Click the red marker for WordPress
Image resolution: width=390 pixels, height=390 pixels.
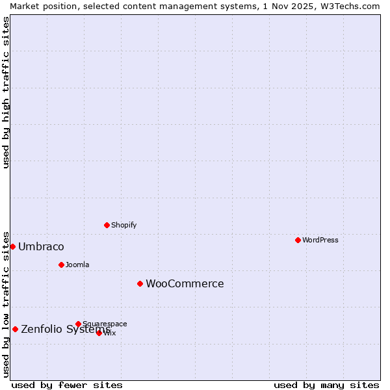[298, 240]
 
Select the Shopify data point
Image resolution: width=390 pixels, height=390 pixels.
[107, 225]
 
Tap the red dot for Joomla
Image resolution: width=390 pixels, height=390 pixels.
[61, 265]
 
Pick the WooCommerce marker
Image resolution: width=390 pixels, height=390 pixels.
[140, 283]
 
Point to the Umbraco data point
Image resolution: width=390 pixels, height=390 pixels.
[12, 246]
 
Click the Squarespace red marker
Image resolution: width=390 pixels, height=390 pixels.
[78, 324]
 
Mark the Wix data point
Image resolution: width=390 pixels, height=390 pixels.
[99, 333]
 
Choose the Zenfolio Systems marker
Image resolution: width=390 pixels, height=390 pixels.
[15, 329]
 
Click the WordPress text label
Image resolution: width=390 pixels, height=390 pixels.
[320, 240]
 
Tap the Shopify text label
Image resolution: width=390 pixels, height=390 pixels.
[123, 225]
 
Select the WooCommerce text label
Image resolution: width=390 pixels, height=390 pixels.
[185, 283]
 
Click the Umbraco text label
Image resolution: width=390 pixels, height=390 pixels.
[41, 246]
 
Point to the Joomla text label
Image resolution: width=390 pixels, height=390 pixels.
[77, 265]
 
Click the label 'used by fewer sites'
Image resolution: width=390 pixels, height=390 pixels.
[67, 385]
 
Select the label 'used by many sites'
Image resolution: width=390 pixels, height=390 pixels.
[326, 385]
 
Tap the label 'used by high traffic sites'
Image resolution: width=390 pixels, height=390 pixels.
[6, 92]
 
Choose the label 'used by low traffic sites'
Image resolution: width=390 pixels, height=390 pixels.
[6, 304]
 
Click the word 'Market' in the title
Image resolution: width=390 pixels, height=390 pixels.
[24, 6]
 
